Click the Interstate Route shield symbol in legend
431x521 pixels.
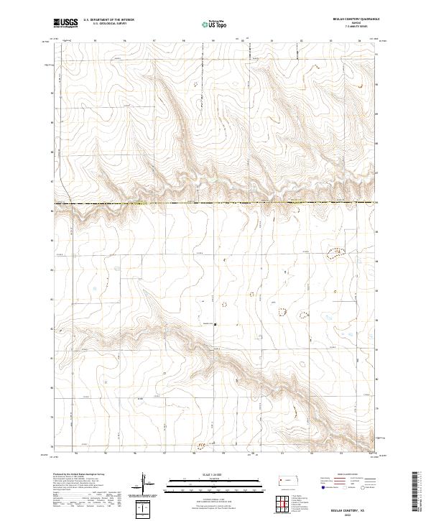point(322,487)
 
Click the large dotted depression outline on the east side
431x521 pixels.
point(336,252)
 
